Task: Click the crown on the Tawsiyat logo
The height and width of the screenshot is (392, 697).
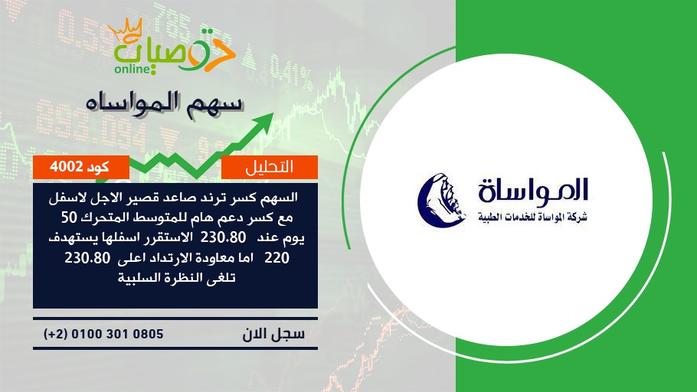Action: (125, 30)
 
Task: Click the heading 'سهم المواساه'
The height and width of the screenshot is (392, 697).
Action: (165, 103)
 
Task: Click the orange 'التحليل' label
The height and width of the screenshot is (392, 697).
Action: (269, 167)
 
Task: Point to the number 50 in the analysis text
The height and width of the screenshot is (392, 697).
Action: (70, 217)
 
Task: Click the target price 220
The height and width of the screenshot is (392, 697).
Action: (277, 258)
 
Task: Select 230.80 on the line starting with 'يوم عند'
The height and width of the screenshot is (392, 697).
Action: (223, 237)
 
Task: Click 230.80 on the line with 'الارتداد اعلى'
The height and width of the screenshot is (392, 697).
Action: (87, 258)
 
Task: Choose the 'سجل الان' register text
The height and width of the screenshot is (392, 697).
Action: (273, 333)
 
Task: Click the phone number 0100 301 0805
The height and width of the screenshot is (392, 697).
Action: (117, 334)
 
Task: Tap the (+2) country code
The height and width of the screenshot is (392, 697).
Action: (55, 334)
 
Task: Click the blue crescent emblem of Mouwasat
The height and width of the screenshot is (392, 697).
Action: (440, 200)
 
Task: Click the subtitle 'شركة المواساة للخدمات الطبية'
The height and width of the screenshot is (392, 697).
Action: (533, 217)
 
